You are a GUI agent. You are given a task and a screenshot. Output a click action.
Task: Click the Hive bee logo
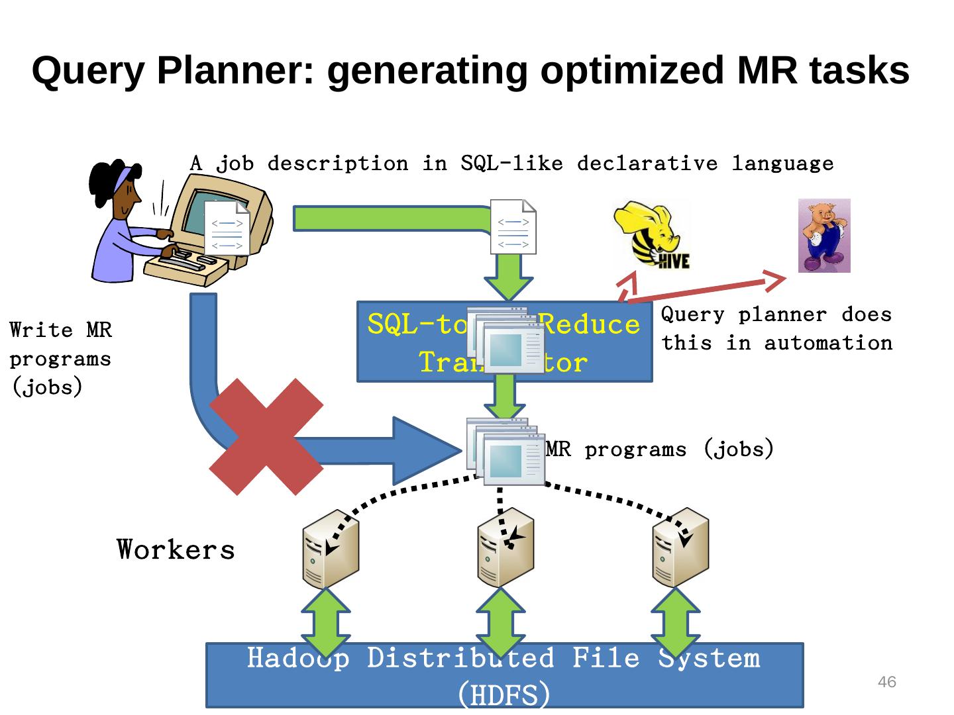[x=652, y=236]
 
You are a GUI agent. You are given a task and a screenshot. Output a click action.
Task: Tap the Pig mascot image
[x=823, y=236]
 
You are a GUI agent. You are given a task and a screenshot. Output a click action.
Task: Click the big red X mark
[x=266, y=437]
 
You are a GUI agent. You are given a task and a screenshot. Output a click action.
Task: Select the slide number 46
[x=886, y=682]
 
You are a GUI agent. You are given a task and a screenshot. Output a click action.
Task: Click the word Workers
[x=176, y=550]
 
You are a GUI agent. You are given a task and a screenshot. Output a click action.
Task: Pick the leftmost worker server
[x=330, y=549]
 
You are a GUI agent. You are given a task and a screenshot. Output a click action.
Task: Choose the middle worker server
[x=505, y=549]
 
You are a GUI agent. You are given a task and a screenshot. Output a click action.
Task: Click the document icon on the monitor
[x=227, y=228]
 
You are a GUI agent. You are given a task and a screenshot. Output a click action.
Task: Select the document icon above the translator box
[x=513, y=226]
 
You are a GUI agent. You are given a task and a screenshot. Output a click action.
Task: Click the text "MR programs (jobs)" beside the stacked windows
[x=659, y=450]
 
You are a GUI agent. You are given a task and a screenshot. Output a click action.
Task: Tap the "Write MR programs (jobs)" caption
[x=60, y=358]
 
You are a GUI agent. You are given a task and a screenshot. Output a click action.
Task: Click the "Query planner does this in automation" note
[x=776, y=329]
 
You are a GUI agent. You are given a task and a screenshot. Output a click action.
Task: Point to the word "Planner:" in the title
[x=236, y=71]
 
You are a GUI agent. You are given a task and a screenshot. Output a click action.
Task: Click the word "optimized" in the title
[x=632, y=71]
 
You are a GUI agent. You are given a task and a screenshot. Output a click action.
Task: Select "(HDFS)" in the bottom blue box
[x=504, y=694]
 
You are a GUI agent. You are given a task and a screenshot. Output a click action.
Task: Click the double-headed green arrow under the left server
[x=325, y=623]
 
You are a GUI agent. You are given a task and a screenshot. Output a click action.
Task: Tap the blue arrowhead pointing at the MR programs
[x=424, y=450]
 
